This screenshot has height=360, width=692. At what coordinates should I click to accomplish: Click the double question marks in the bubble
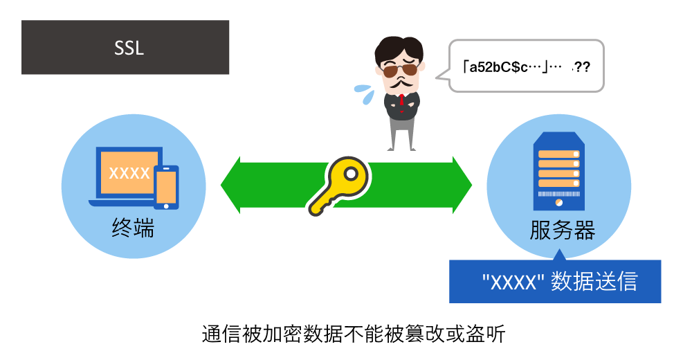(x=582, y=67)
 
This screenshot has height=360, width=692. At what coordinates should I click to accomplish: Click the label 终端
(x=133, y=228)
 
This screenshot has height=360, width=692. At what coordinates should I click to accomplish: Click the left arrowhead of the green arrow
(x=232, y=185)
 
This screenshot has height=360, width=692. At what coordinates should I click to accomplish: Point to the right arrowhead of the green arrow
(x=462, y=185)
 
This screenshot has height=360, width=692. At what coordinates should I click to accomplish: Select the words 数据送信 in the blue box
(x=594, y=282)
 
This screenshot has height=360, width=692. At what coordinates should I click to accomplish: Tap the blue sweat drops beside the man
(x=365, y=93)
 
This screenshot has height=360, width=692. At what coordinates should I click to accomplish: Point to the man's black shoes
(x=401, y=147)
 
